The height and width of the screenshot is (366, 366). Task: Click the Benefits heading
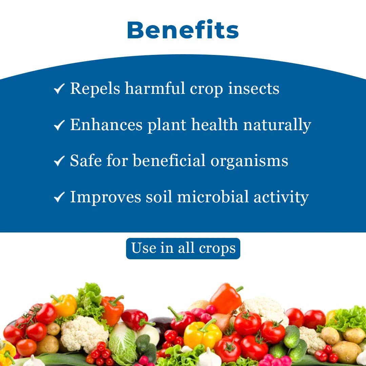(183, 30)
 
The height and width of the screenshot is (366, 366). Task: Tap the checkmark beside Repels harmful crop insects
(59, 89)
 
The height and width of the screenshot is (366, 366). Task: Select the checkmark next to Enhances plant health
(59, 125)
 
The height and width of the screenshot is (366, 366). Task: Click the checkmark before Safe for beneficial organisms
(59, 161)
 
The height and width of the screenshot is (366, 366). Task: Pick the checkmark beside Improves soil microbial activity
(59, 197)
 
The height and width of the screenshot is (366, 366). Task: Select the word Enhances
(106, 125)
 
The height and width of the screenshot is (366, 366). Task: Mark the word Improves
(105, 197)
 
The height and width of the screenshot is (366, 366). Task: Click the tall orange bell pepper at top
(225, 298)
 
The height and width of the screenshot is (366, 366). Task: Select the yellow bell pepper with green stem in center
(202, 334)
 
